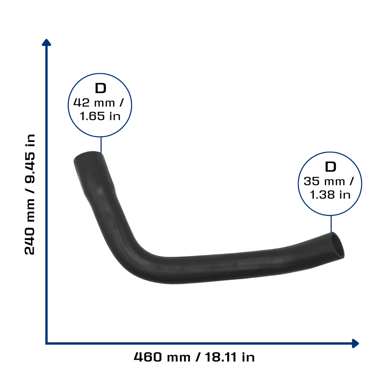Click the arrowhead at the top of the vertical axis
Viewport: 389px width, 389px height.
pyautogui.click(x=46, y=42)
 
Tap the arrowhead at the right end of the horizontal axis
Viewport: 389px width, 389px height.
pyautogui.click(x=356, y=343)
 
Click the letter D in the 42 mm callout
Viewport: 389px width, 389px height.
pyautogui.click(x=100, y=88)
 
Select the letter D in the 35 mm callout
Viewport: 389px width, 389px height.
pyautogui.click(x=330, y=167)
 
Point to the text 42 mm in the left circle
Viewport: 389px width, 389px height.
pyautogui.click(x=94, y=103)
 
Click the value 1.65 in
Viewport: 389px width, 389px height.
pyautogui.click(x=100, y=116)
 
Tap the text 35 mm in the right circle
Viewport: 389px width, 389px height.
pyautogui.click(x=324, y=181)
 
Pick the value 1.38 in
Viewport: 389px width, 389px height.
pyautogui.click(x=330, y=195)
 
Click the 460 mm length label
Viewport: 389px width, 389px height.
pyautogui.click(x=162, y=357)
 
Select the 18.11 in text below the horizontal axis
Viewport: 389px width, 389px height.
pyautogui.click(x=230, y=357)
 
